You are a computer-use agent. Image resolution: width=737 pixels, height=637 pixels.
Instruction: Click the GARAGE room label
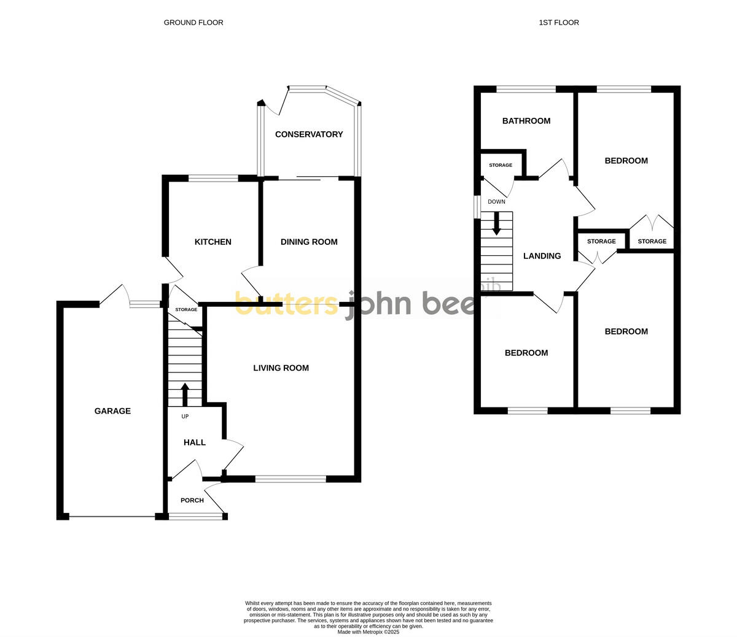[x=112, y=411]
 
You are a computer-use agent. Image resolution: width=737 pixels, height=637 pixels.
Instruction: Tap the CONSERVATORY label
[x=309, y=134]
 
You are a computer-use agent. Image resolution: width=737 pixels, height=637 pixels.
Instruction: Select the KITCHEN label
[x=213, y=242]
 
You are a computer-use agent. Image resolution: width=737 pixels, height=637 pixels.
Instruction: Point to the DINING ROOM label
[x=309, y=242]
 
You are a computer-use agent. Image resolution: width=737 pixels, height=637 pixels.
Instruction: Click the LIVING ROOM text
[x=281, y=368]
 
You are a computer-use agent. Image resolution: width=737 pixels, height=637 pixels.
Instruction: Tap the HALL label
[x=195, y=442]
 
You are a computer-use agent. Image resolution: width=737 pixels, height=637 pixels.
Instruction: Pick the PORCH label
[x=192, y=500]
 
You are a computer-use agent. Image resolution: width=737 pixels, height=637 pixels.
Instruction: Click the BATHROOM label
[x=526, y=121]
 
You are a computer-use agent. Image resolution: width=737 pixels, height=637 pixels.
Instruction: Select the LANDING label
[x=542, y=256]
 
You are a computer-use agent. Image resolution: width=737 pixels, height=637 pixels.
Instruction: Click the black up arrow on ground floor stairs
[x=185, y=393]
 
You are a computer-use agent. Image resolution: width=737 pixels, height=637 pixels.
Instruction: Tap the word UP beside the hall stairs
[x=185, y=417]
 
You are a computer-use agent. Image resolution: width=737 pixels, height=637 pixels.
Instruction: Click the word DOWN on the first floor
[x=496, y=202]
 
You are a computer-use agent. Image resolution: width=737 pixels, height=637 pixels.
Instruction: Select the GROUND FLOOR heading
[x=193, y=23]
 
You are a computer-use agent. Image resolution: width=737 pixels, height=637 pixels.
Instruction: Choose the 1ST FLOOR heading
[x=559, y=23]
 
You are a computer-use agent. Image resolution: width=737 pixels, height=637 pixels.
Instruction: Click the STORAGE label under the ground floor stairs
[x=186, y=309]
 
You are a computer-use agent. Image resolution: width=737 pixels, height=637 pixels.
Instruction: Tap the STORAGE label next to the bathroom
[x=501, y=165]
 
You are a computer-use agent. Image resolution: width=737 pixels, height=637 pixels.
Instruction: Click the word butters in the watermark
[x=286, y=303]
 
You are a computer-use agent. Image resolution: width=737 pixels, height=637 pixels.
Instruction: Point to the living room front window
[x=291, y=479]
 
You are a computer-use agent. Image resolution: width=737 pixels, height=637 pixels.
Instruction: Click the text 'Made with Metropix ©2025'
[x=368, y=631]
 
